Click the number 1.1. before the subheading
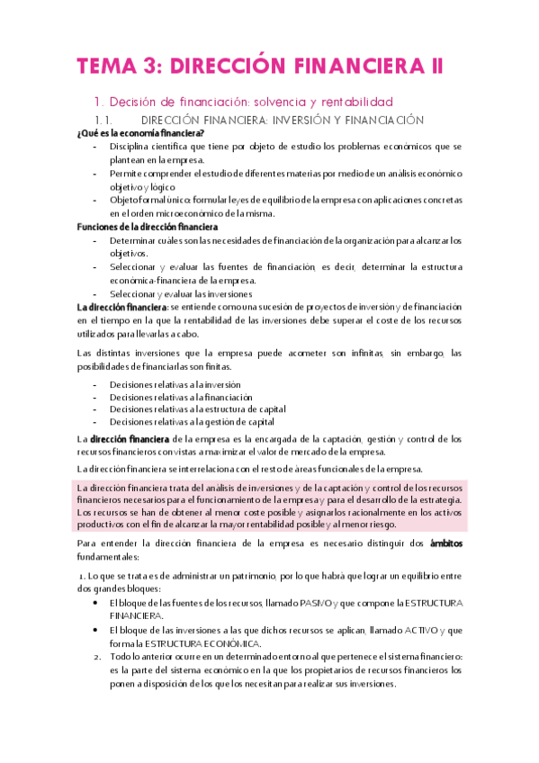pos(107,119)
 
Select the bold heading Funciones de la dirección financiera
pos(147,228)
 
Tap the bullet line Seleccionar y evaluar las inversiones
pos(181,293)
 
